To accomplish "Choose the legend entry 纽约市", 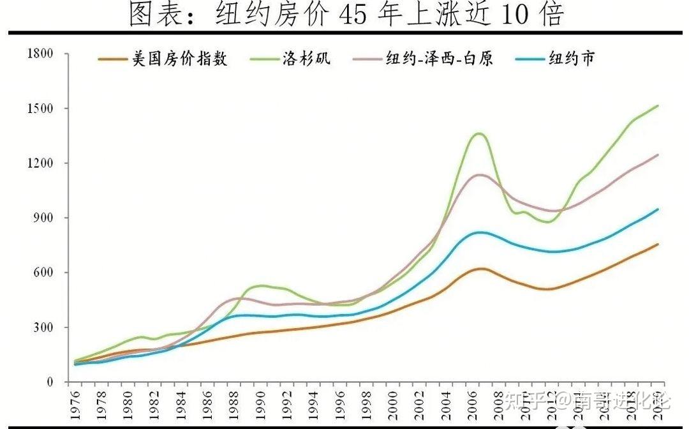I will (x=571, y=59).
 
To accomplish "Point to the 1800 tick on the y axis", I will (x=39, y=54).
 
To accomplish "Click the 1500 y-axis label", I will (x=39, y=109).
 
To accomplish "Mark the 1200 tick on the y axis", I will (x=39, y=163).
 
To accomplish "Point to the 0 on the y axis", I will (x=51, y=382).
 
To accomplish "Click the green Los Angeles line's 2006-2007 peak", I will (x=478, y=133).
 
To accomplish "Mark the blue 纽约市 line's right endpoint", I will (x=658, y=209).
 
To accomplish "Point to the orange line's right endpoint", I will (x=658, y=244).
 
